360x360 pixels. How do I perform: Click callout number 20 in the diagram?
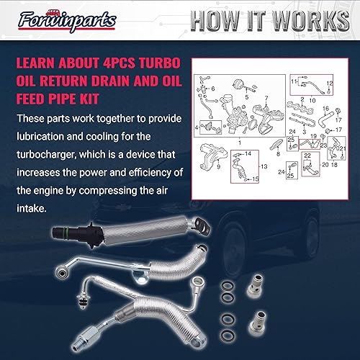(x=325, y=164)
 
